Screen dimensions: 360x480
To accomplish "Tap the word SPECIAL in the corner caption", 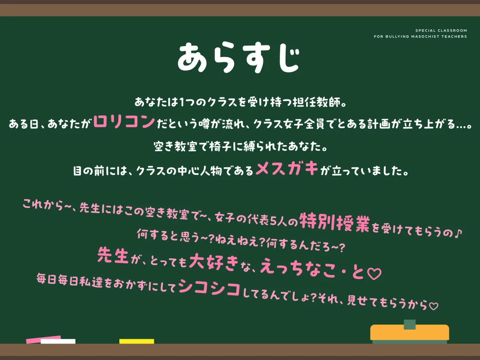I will (x=426, y=30).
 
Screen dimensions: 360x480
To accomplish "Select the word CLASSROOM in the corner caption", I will (x=452, y=30).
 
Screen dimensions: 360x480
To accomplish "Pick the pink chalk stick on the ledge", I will (x=43, y=339).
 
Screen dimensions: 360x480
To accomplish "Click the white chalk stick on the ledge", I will (x=58, y=341).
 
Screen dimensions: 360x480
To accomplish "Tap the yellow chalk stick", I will (x=136, y=341).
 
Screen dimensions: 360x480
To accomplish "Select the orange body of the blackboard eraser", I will (x=410, y=332).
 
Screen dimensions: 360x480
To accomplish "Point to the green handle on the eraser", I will (x=410, y=324).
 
